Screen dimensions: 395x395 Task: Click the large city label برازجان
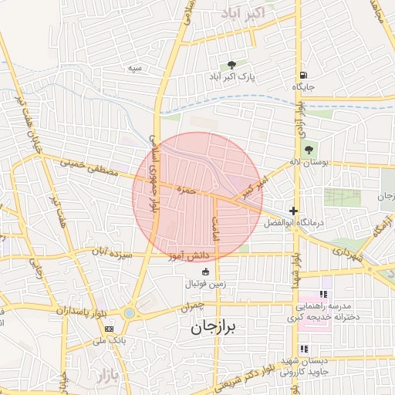(217, 328)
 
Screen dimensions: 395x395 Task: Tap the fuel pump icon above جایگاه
(304, 75)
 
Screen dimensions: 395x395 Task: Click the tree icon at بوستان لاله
(309, 150)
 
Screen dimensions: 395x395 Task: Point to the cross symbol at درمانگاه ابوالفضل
(293, 211)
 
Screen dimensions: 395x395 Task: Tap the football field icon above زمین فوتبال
(205, 271)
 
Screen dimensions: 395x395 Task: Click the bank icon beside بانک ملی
(109, 328)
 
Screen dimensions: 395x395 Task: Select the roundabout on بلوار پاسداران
(128, 312)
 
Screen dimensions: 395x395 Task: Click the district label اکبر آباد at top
(243, 13)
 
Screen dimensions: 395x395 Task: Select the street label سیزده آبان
(113, 253)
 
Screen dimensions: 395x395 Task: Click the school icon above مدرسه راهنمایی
(324, 294)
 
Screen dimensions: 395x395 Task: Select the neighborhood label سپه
(136, 68)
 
